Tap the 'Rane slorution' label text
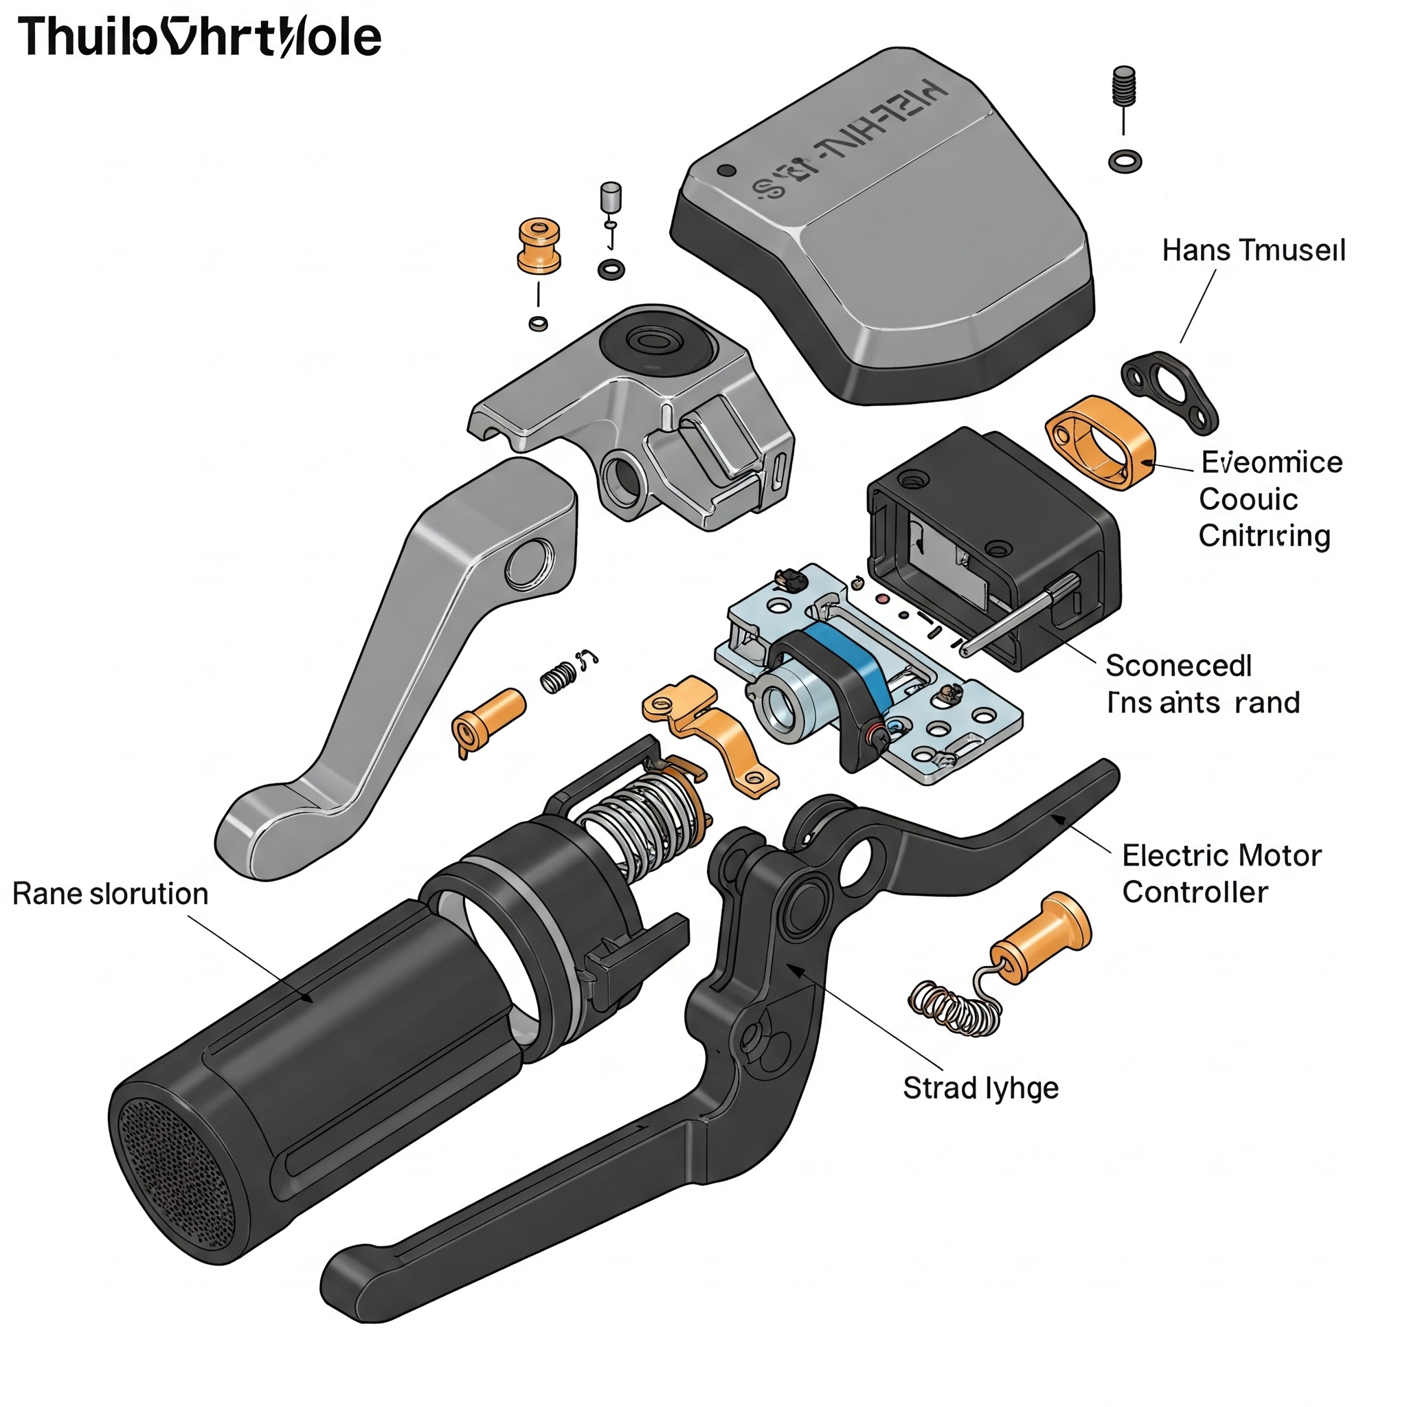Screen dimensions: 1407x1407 pyautogui.click(x=110, y=894)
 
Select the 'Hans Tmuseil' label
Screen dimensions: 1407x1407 pyautogui.click(x=1252, y=251)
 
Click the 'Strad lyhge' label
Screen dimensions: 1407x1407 pyautogui.click(x=980, y=1088)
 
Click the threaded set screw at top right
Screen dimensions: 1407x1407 pyautogui.click(x=1125, y=86)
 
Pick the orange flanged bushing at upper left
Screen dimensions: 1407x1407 pyautogui.click(x=539, y=245)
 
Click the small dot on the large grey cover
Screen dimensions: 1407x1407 pyautogui.click(x=726, y=171)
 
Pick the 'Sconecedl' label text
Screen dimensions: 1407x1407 pyautogui.click(x=1178, y=666)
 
